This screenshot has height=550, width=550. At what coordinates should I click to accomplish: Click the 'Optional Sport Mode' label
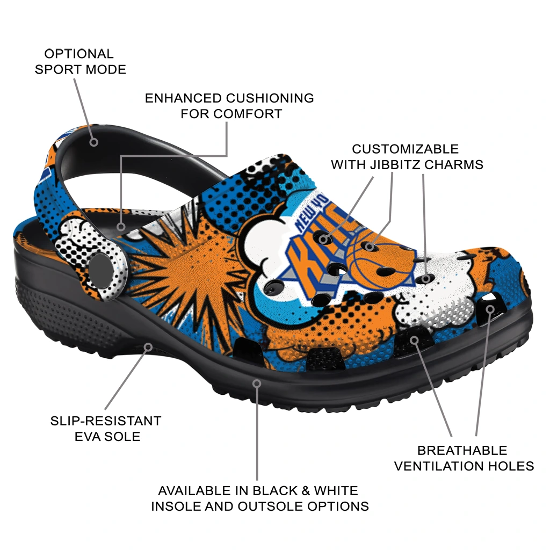click(x=81, y=62)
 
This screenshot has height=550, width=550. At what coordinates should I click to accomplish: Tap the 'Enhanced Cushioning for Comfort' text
click(x=229, y=106)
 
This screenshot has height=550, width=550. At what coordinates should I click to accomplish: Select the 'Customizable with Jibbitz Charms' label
click(x=407, y=157)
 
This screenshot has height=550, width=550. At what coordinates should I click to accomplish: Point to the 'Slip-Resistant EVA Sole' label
click(x=106, y=429)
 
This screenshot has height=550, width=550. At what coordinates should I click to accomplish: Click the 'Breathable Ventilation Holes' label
click(x=464, y=459)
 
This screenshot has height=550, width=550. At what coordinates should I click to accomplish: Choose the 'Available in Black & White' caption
click(x=258, y=490)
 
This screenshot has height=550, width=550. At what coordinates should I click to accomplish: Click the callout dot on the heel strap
click(x=93, y=142)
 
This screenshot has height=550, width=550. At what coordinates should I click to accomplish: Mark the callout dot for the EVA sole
click(x=148, y=348)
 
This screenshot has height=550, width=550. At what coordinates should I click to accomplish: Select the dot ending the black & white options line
click(x=257, y=383)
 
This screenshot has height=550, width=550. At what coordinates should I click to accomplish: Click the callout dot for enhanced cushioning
click(x=121, y=227)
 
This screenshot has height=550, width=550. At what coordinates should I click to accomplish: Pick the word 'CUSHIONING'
click(x=270, y=98)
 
